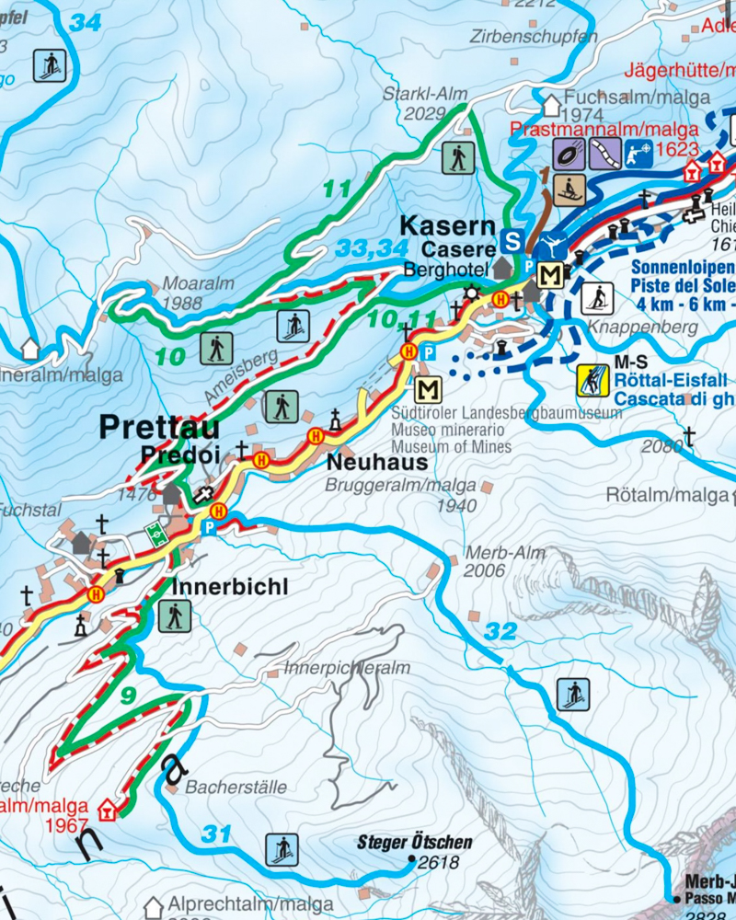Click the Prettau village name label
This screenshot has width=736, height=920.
[x=159, y=428]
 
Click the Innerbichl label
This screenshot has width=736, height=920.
[x=230, y=586]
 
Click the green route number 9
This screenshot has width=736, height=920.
[x=128, y=696]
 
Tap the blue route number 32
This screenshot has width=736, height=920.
[x=500, y=632]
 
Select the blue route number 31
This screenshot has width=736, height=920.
[x=216, y=834]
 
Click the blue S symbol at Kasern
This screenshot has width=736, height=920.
[x=514, y=240]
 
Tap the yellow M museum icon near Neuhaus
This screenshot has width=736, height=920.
[x=428, y=389]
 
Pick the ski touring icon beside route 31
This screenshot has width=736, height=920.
[x=282, y=849]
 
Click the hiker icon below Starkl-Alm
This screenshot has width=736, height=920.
[x=457, y=157]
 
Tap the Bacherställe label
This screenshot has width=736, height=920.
[x=236, y=788]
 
